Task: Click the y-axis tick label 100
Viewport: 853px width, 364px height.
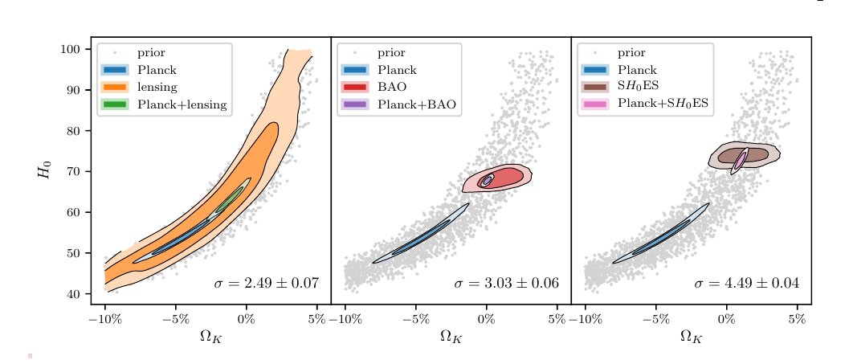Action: coord(71,50)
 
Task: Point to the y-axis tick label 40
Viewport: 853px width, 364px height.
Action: coord(73,294)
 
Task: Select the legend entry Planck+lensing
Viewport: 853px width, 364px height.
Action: coord(182,104)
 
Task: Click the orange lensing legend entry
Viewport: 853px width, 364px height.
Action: coord(157,87)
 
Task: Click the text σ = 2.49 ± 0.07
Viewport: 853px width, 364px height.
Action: coord(266,284)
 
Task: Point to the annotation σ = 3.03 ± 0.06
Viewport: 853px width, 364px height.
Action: coord(506,284)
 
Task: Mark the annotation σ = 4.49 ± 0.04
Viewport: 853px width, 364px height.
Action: coord(746,284)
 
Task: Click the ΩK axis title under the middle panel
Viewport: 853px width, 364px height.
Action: coord(451,336)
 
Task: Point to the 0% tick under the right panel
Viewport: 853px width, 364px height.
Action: coord(726,318)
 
